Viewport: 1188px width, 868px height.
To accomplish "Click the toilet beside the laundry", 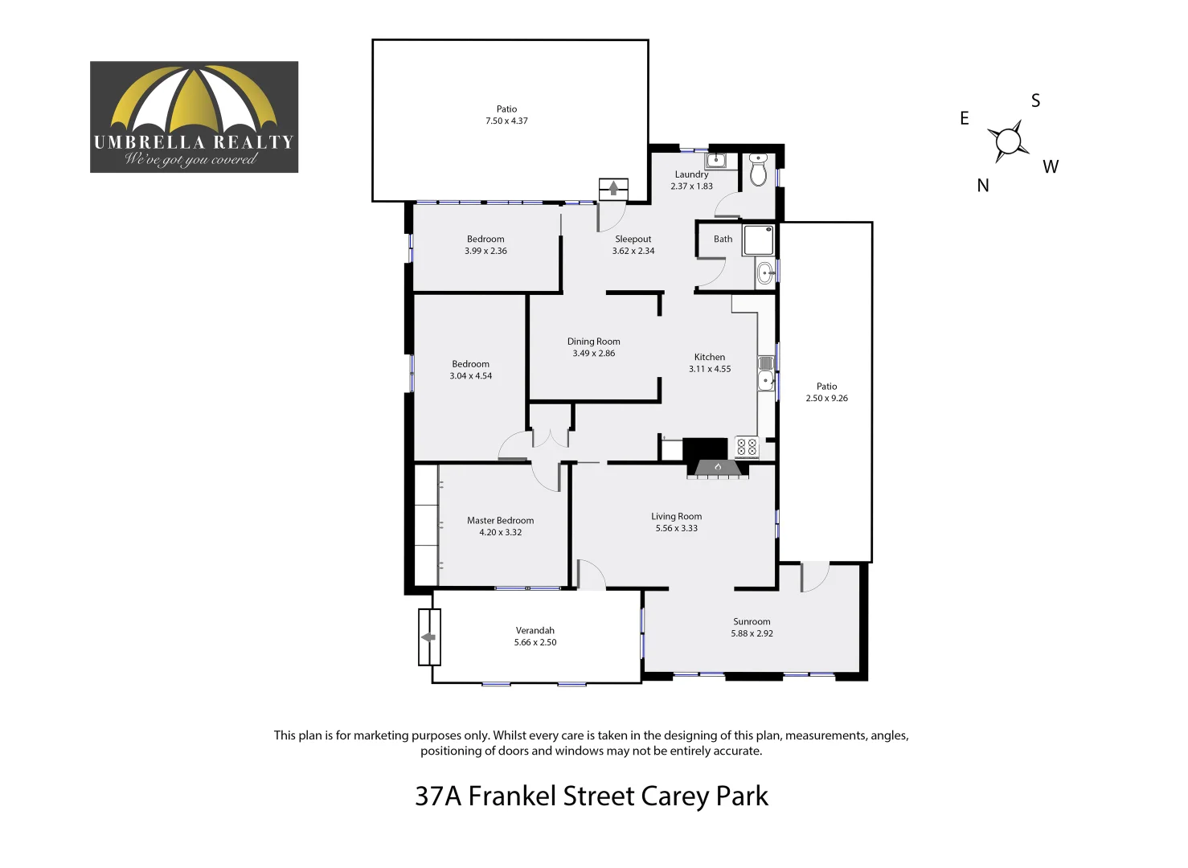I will coord(758,171).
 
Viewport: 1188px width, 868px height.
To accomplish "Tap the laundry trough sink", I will coord(715,160).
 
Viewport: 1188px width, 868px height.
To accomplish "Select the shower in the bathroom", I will coord(758,240).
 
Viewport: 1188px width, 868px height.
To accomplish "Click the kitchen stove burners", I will coord(747,447).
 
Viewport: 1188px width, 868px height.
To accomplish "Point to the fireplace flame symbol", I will coord(718,467).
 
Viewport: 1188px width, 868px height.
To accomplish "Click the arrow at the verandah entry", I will coord(428,637).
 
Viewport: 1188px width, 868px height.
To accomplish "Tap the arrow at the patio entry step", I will coord(614,189).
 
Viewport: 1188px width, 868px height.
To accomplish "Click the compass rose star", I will coord(1008,141).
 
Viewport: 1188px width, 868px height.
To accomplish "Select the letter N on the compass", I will coord(983,186).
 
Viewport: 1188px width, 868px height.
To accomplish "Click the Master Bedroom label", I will coord(500,521).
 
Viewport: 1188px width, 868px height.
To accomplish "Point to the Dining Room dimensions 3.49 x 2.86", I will coord(593,354).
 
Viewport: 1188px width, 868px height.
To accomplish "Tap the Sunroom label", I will coord(752,622).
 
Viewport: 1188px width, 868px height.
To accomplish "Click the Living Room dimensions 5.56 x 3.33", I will coord(676,529).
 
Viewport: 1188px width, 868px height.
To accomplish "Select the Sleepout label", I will coord(633,240).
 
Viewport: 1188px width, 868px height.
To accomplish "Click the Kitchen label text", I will coord(710,358).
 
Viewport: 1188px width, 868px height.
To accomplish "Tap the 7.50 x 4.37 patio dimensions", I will coord(506,121).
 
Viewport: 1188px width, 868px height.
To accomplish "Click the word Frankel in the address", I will coord(512,796).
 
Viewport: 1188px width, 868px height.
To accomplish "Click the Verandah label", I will coord(535,631).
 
